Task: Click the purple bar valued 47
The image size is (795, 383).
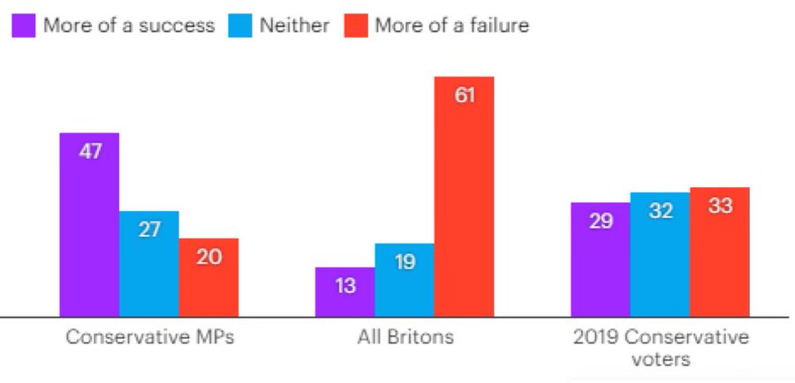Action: pos(89,224)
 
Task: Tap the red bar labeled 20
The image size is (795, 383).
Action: pos(208,277)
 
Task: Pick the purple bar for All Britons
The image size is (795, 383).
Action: pos(344,291)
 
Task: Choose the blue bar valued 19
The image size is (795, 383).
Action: pos(404,280)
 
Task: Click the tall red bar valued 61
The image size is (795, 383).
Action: pos(464,196)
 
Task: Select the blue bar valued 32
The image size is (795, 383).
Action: pos(660,254)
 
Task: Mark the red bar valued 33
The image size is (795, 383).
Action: pos(720,252)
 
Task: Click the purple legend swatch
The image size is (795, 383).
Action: pos(25,25)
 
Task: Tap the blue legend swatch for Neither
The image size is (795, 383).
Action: pos(239,25)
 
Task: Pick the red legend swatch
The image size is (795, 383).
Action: pos(354,25)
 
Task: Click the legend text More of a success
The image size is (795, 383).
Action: pos(129,25)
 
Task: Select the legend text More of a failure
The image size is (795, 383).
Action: pos(451,25)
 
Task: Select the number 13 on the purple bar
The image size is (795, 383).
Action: pos(344,286)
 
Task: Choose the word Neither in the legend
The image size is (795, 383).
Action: pos(293,25)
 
